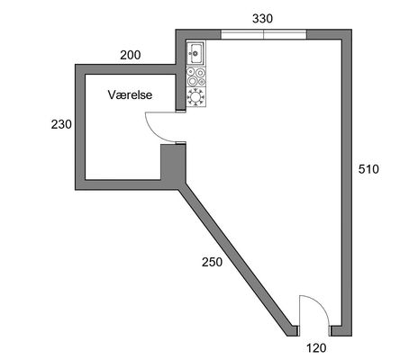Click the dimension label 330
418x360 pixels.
262,19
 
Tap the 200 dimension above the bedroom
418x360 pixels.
131,55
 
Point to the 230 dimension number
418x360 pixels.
61,124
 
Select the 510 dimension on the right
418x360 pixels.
368,169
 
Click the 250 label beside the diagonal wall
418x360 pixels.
212,262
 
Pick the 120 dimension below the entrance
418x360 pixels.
316,348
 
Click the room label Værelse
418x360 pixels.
130,95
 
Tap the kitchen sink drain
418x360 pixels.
195,53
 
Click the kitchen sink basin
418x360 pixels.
196,54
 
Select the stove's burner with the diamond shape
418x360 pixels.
202,81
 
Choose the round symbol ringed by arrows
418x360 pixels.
196,97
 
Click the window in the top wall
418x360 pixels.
264,34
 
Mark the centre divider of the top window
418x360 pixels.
264,34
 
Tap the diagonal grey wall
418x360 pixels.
235,260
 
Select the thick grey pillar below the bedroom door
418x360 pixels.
173,164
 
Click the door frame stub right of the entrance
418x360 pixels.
331,331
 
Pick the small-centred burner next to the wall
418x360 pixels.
190,72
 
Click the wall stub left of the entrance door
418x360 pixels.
296,330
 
